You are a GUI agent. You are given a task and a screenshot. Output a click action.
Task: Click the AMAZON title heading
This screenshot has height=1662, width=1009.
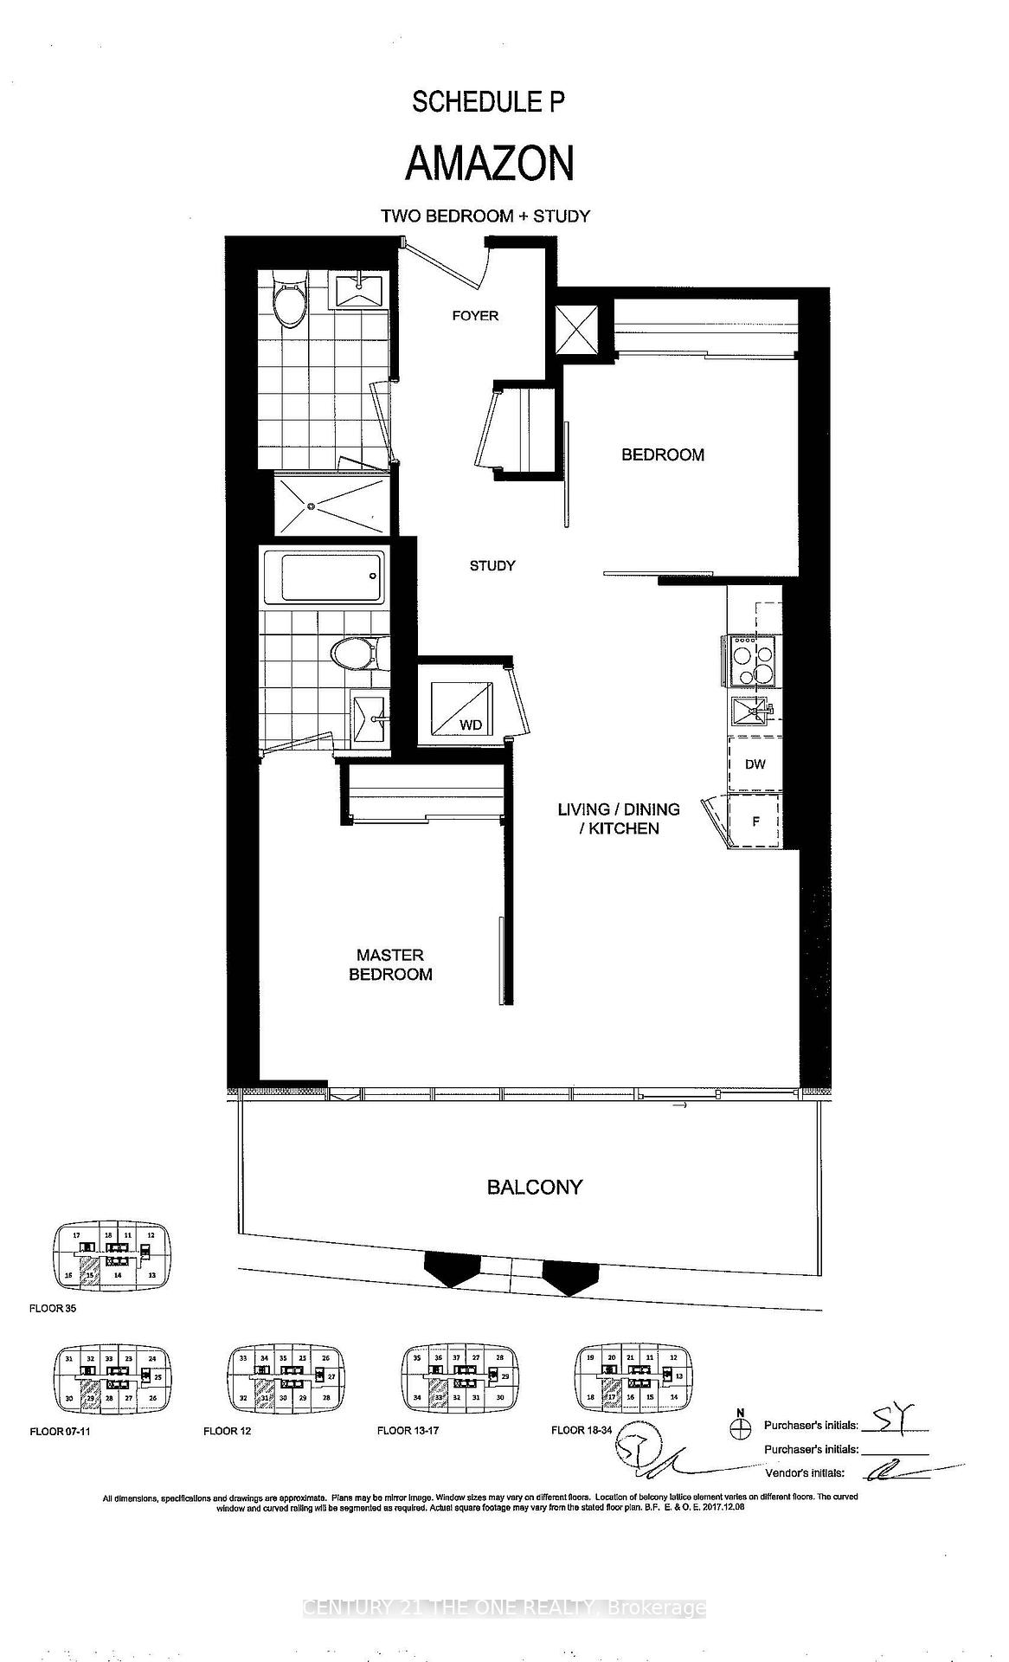coord(490,164)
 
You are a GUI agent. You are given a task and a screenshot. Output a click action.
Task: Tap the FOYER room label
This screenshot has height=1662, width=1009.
coord(475,316)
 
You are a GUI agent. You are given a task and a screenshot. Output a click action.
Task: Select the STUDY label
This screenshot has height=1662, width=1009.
coord(492,565)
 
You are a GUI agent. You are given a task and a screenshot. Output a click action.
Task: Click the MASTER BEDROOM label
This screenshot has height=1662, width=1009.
coord(390,964)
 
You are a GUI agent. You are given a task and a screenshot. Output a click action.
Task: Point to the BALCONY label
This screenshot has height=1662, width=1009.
coord(534,1187)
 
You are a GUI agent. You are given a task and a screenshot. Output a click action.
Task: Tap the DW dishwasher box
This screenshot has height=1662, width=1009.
coord(755,764)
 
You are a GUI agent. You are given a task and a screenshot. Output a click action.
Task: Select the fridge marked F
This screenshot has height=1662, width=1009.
coord(755,821)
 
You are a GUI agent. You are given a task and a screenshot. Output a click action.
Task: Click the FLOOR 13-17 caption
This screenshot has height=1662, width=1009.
coord(408,1430)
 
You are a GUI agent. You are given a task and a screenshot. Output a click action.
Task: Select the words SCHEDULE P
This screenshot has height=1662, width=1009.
coord(488,102)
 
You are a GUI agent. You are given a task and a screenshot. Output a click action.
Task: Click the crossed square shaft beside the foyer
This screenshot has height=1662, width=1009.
coord(575,329)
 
